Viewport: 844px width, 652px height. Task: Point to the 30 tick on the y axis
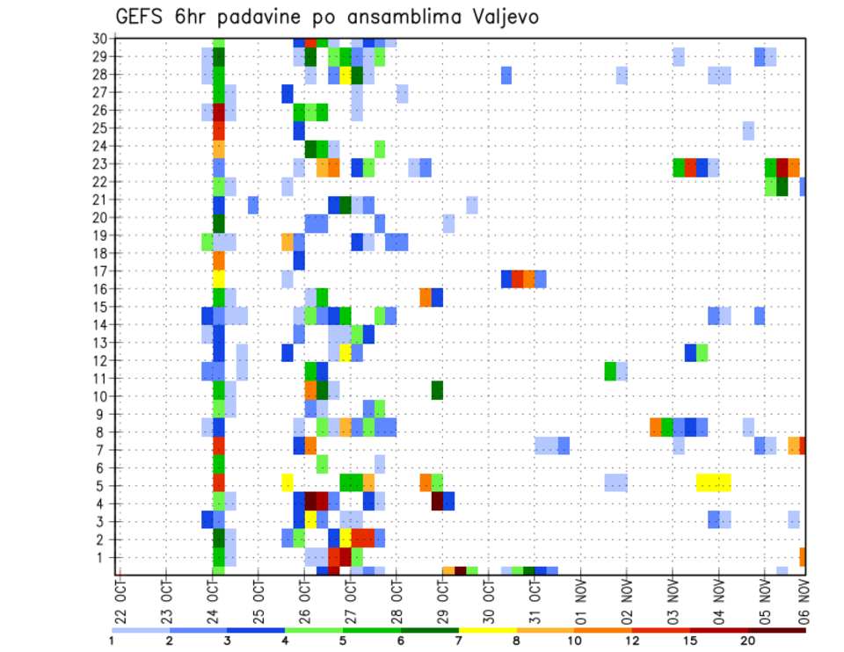click(x=100, y=38)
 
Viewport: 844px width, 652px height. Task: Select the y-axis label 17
click(x=100, y=271)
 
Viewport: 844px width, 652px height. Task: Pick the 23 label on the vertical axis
click(x=100, y=163)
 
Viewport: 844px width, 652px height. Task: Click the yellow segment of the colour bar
click(x=487, y=630)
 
